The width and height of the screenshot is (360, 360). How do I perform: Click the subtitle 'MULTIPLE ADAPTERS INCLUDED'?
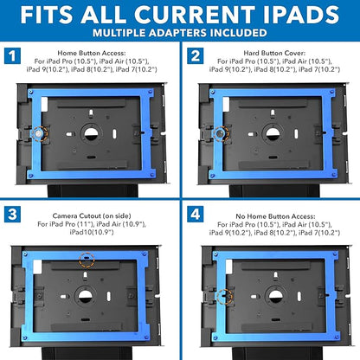(x=180, y=35)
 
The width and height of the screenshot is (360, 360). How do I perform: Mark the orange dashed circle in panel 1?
(x=37, y=133)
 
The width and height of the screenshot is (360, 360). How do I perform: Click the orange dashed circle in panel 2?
(x=221, y=133)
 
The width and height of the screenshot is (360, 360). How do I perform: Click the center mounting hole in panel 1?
(x=89, y=133)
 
